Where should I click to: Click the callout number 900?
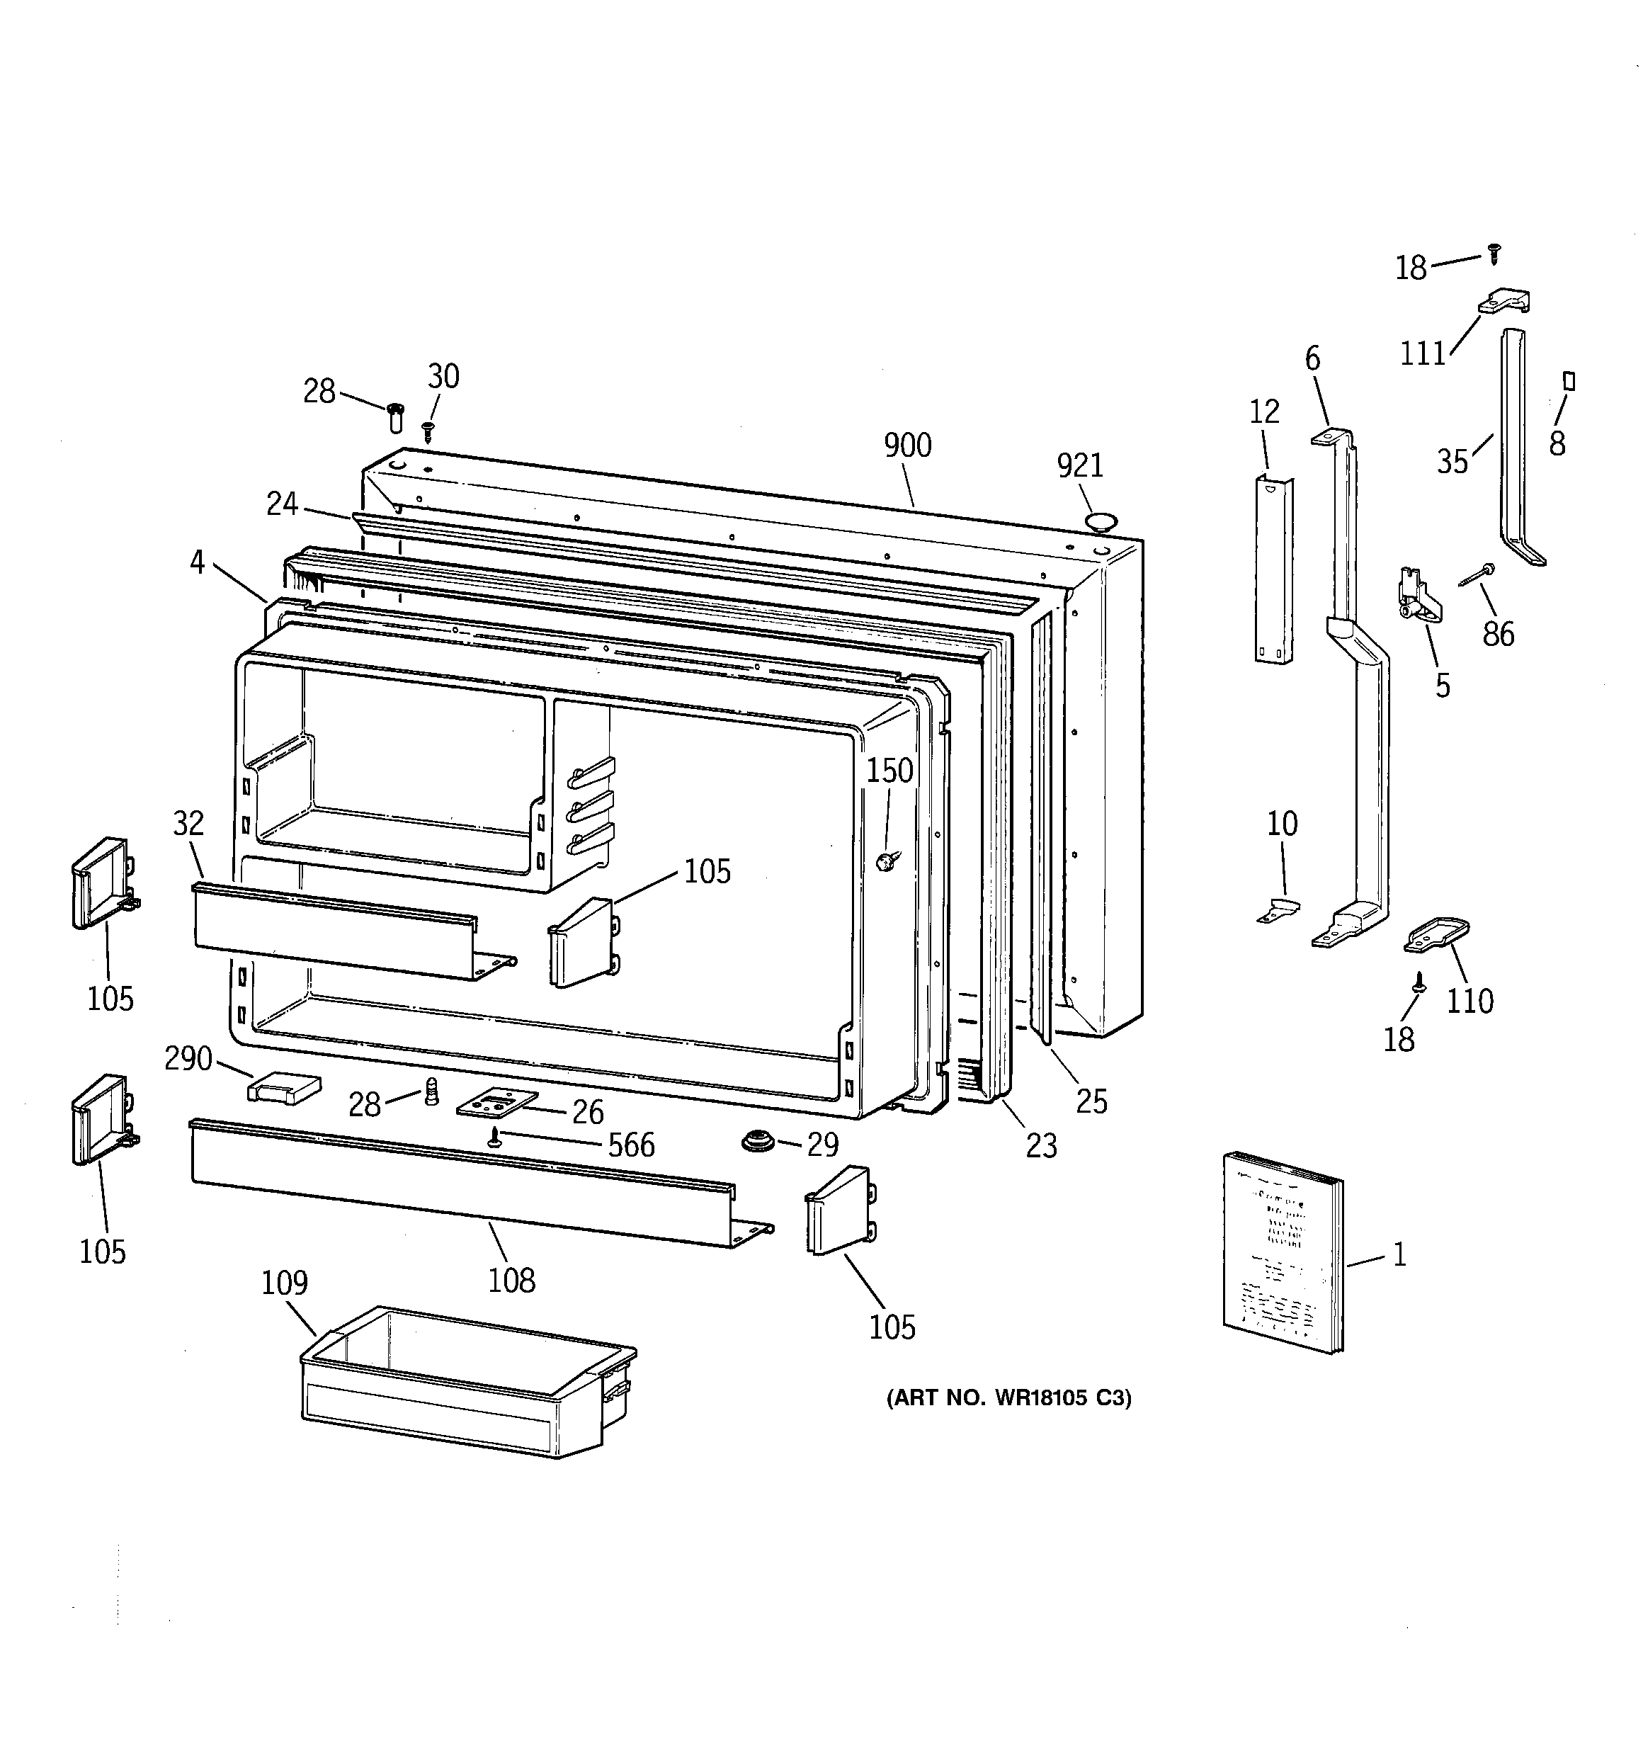click(907, 446)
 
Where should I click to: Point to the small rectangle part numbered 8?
click(1569, 381)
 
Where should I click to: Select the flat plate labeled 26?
click(496, 1102)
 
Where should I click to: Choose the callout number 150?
click(889, 771)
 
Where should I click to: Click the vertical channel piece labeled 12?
click(1273, 569)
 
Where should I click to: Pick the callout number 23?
click(1040, 1145)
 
